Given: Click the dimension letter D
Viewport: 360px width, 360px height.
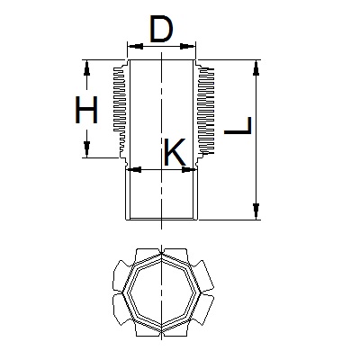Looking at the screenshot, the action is coord(161,30).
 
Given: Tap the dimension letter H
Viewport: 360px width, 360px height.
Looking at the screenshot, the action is coord(86,110).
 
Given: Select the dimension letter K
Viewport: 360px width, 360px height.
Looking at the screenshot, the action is coord(175,152).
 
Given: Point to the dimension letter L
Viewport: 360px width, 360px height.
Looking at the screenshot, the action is coord(238,125).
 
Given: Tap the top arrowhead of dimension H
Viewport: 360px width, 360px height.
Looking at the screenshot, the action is coord(86,68).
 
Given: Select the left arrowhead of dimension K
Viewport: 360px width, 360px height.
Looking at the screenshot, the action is coord(134,170).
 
